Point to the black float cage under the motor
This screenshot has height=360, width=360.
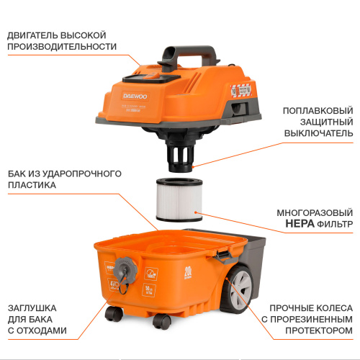[x=180, y=152]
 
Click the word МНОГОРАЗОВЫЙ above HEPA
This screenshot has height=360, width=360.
[x=315, y=213]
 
